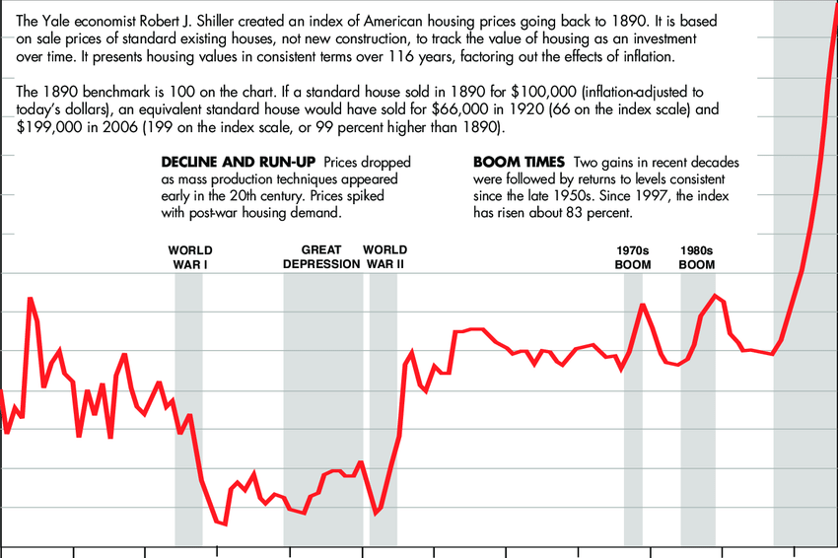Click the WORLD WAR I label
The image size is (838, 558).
pos(189,257)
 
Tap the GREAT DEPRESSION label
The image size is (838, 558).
pos(321,257)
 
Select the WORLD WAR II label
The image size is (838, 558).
pos(384,257)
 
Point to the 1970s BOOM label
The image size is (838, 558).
pos(633,257)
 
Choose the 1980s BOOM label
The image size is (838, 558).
pos(697,257)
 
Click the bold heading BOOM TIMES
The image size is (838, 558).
pos(519,162)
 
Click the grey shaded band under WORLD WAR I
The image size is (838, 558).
pos(188,414)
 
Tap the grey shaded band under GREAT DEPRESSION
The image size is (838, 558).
pos(322,414)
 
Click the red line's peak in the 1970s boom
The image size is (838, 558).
pos(643,305)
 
